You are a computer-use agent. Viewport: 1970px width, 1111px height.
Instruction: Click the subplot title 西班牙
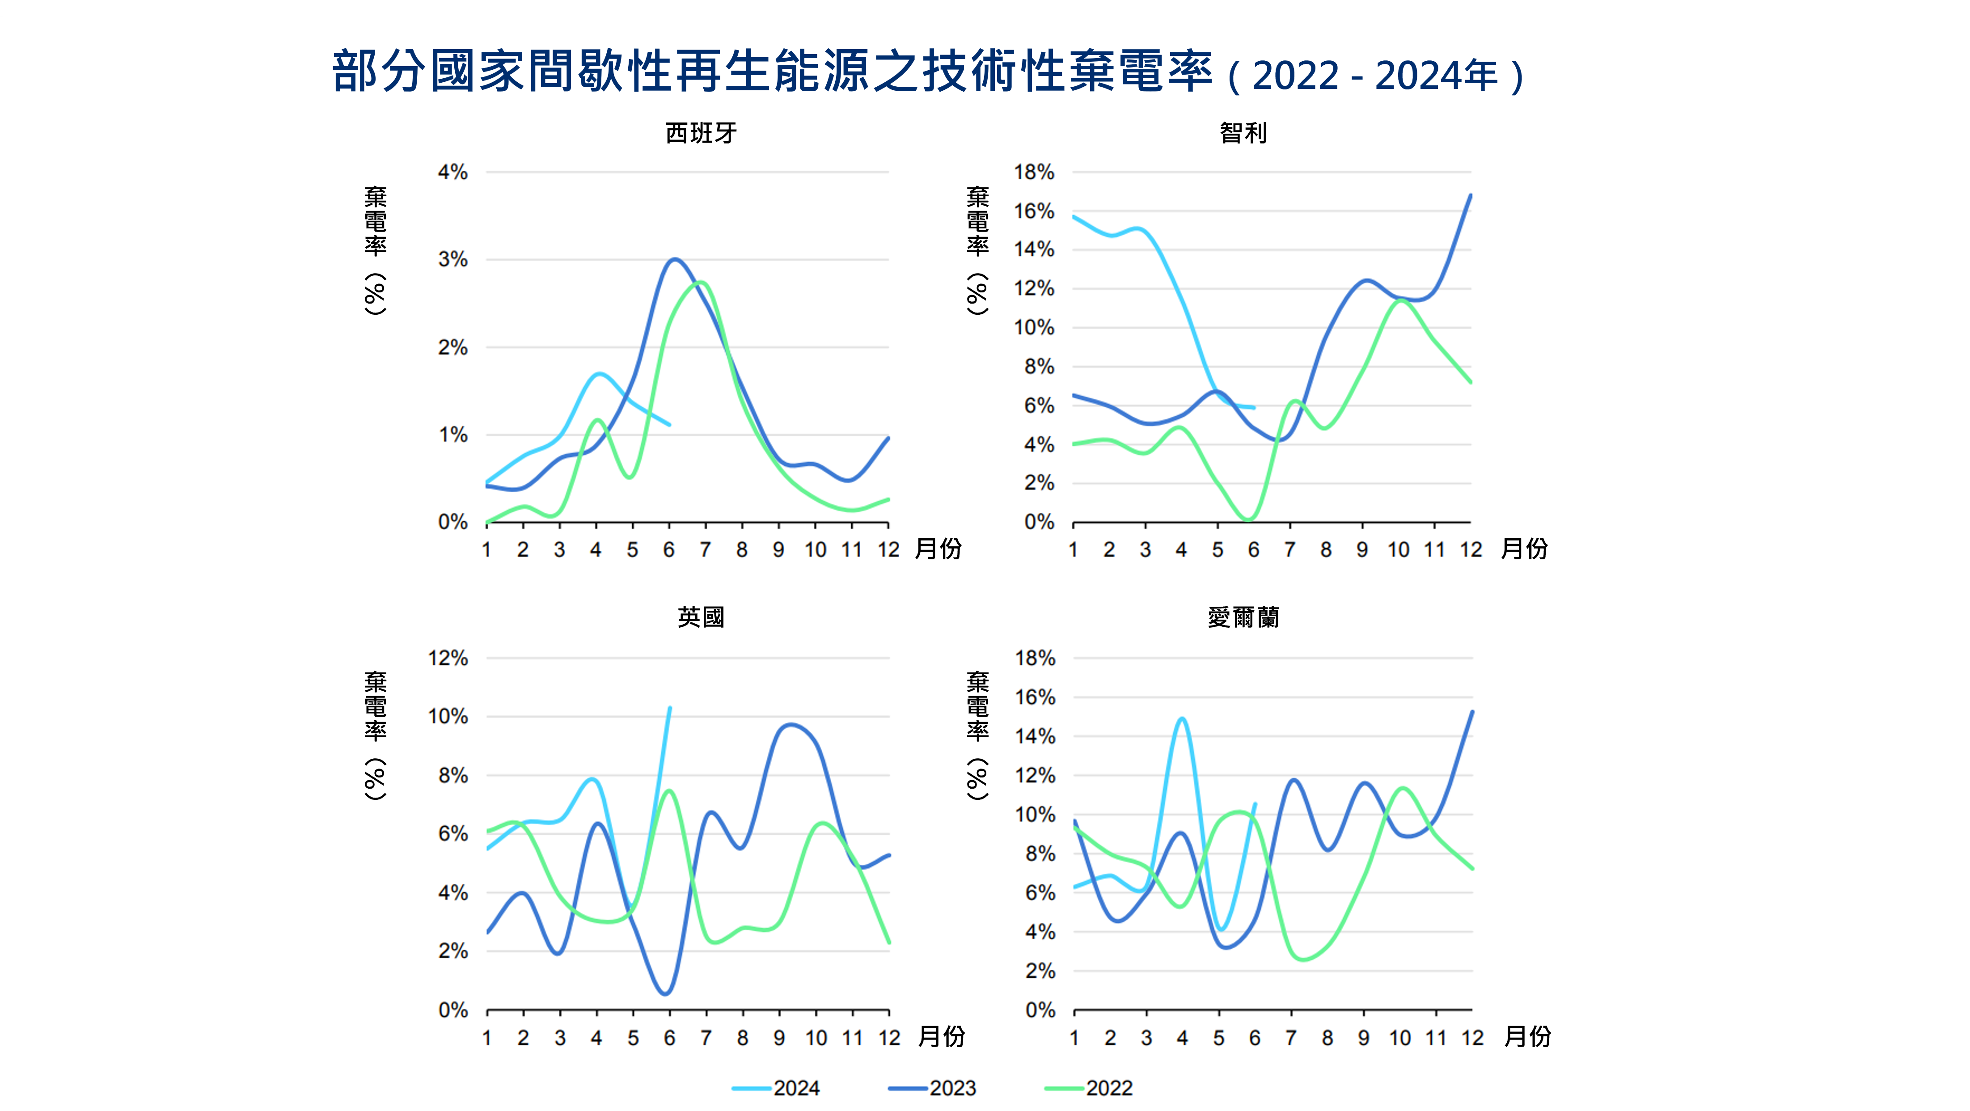(x=701, y=133)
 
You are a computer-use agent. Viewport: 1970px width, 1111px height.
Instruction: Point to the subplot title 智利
(x=1243, y=133)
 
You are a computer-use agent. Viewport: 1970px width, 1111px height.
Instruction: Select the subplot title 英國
(x=701, y=617)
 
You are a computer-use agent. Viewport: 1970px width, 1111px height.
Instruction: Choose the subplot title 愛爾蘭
(x=1243, y=617)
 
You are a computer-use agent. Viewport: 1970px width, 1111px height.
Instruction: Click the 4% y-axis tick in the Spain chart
(x=453, y=172)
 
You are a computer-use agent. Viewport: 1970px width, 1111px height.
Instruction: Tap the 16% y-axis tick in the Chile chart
(x=1034, y=211)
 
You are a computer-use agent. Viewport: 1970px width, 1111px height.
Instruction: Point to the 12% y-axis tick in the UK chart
(x=448, y=659)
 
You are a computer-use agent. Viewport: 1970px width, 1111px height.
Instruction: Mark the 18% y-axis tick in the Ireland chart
(x=1035, y=659)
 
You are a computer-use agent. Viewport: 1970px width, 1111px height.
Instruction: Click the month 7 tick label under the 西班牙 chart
(x=705, y=550)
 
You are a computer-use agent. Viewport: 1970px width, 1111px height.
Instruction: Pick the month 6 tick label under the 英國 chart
(x=669, y=1038)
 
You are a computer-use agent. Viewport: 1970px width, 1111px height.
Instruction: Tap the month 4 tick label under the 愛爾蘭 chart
(x=1182, y=1038)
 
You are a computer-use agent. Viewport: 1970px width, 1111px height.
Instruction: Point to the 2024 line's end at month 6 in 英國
(x=670, y=708)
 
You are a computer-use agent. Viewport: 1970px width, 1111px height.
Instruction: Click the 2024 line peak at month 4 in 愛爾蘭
(x=1182, y=719)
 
